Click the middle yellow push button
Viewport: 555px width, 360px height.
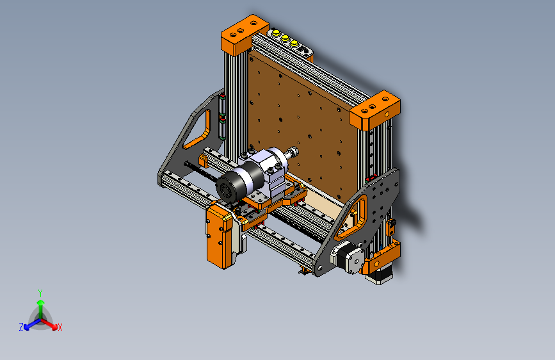[x=285, y=38]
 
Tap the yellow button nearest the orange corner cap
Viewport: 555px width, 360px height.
[x=276, y=33]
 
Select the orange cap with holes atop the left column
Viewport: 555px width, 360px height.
[x=245, y=34]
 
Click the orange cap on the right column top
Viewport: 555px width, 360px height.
[x=375, y=110]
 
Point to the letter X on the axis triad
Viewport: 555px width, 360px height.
[x=60, y=327]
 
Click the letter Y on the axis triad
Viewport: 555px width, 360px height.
[x=40, y=293]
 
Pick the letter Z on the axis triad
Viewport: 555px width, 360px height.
[x=21, y=327]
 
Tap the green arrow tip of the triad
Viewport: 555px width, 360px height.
[x=41, y=302]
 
